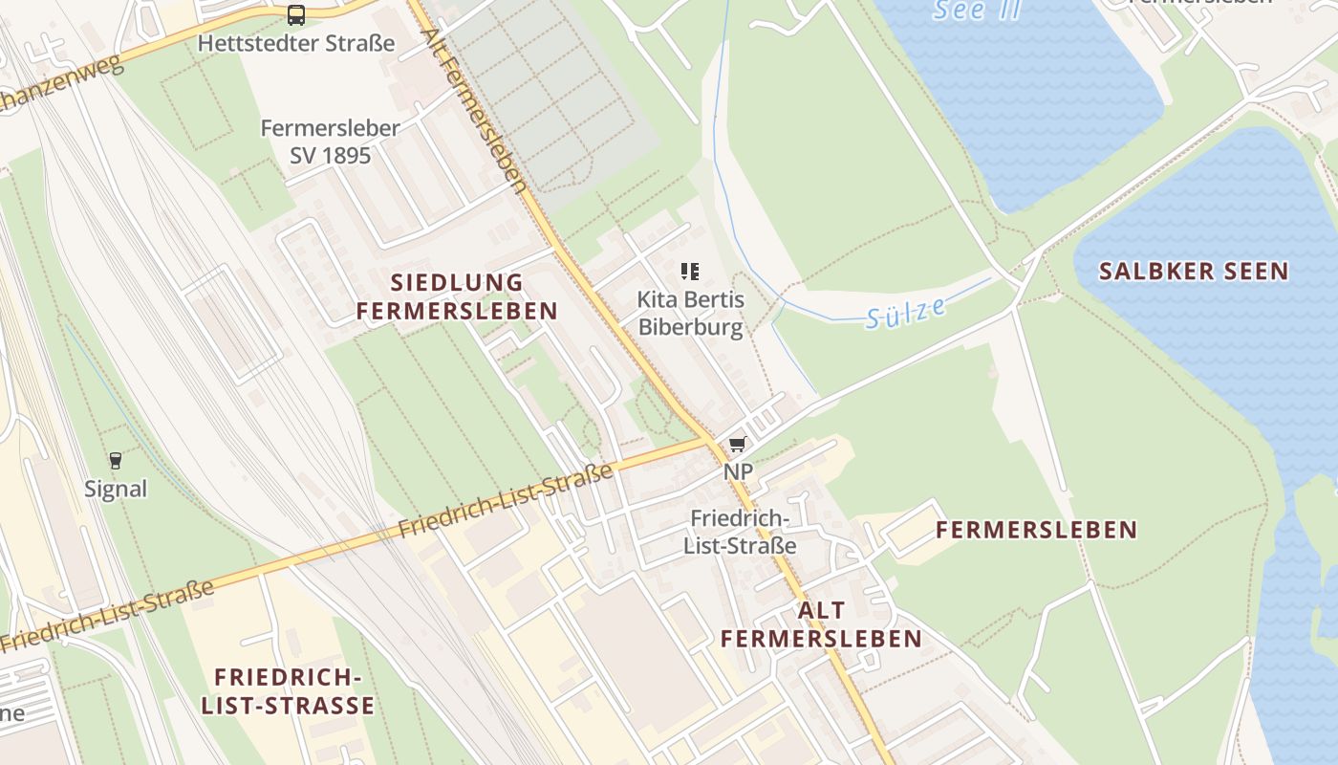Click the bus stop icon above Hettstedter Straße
pyautogui.click(x=296, y=15)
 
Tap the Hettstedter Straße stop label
pyautogui.click(x=296, y=43)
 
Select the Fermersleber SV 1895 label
pyautogui.click(x=330, y=141)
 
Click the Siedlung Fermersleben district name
pyautogui.click(x=457, y=296)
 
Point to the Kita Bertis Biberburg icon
pyautogui.click(x=690, y=272)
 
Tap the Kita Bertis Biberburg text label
pyautogui.click(x=690, y=314)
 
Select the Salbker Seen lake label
pyautogui.click(x=1194, y=272)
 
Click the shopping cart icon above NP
pyautogui.click(x=737, y=445)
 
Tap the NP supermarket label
pyautogui.click(x=738, y=471)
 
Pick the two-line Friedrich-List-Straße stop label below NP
pyautogui.click(x=741, y=532)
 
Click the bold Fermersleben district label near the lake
pyautogui.click(x=1036, y=530)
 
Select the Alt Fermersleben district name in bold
pyautogui.click(x=821, y=624)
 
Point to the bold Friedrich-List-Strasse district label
pyautogui.click(x=288, y=691)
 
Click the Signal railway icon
pyautogui.click(x=116, y=461)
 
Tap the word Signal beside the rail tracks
pyautogui.click(x=116, y=490)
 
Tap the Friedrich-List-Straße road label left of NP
pyautogui.click(x=505, y=500)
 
